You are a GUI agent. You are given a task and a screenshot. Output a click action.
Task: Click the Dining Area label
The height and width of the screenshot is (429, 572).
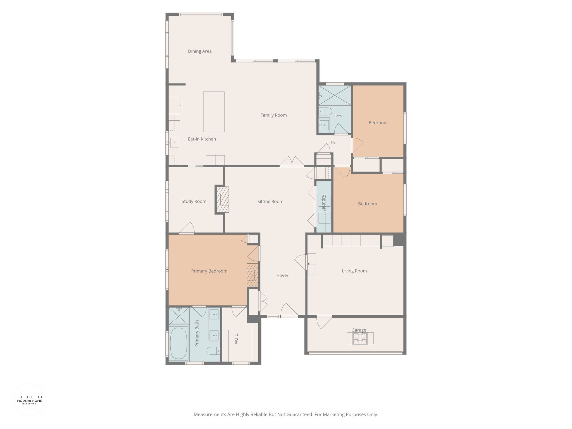tap(200, 51)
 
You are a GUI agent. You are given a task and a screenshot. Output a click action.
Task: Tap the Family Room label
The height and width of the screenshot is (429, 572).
tap(273, 115)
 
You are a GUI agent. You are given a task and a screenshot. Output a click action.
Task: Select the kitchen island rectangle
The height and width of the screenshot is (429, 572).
tap(214, 112)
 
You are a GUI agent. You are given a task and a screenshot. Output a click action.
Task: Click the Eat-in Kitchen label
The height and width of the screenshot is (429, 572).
tap(202, 139)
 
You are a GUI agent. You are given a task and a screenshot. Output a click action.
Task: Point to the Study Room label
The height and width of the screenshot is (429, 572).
tap(194, 201)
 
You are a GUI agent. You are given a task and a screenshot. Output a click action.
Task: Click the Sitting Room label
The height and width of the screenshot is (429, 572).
tap(270, 202)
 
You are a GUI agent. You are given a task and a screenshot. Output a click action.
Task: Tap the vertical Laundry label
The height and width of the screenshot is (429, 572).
tap(323, 203)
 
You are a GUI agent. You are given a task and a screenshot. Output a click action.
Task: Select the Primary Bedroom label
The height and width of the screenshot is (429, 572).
tap(209, 271)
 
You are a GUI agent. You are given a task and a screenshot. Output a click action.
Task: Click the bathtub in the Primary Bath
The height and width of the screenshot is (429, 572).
tap(178, 343)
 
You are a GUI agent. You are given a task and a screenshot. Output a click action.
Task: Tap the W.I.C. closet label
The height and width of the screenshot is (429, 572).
tap(236, 338)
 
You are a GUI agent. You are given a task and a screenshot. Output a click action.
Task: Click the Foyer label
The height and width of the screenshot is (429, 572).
tap(283, 275)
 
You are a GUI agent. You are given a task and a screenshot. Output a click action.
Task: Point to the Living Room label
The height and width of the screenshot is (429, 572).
tap(354, 271)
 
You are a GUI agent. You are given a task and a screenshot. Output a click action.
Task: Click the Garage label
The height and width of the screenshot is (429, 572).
tap(359, 330)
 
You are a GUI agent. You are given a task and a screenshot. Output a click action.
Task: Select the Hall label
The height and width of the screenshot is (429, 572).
tap(334, 142)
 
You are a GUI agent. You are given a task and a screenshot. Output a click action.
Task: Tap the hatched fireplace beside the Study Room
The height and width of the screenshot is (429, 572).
tap(223, 200)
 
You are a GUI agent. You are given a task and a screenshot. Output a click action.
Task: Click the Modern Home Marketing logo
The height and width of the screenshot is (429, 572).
tap(30, 400)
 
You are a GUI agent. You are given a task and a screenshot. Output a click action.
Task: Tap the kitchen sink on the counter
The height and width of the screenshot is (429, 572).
tap(175, 143)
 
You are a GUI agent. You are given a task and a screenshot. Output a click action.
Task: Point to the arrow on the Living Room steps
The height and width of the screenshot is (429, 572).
tap(311, 264)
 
